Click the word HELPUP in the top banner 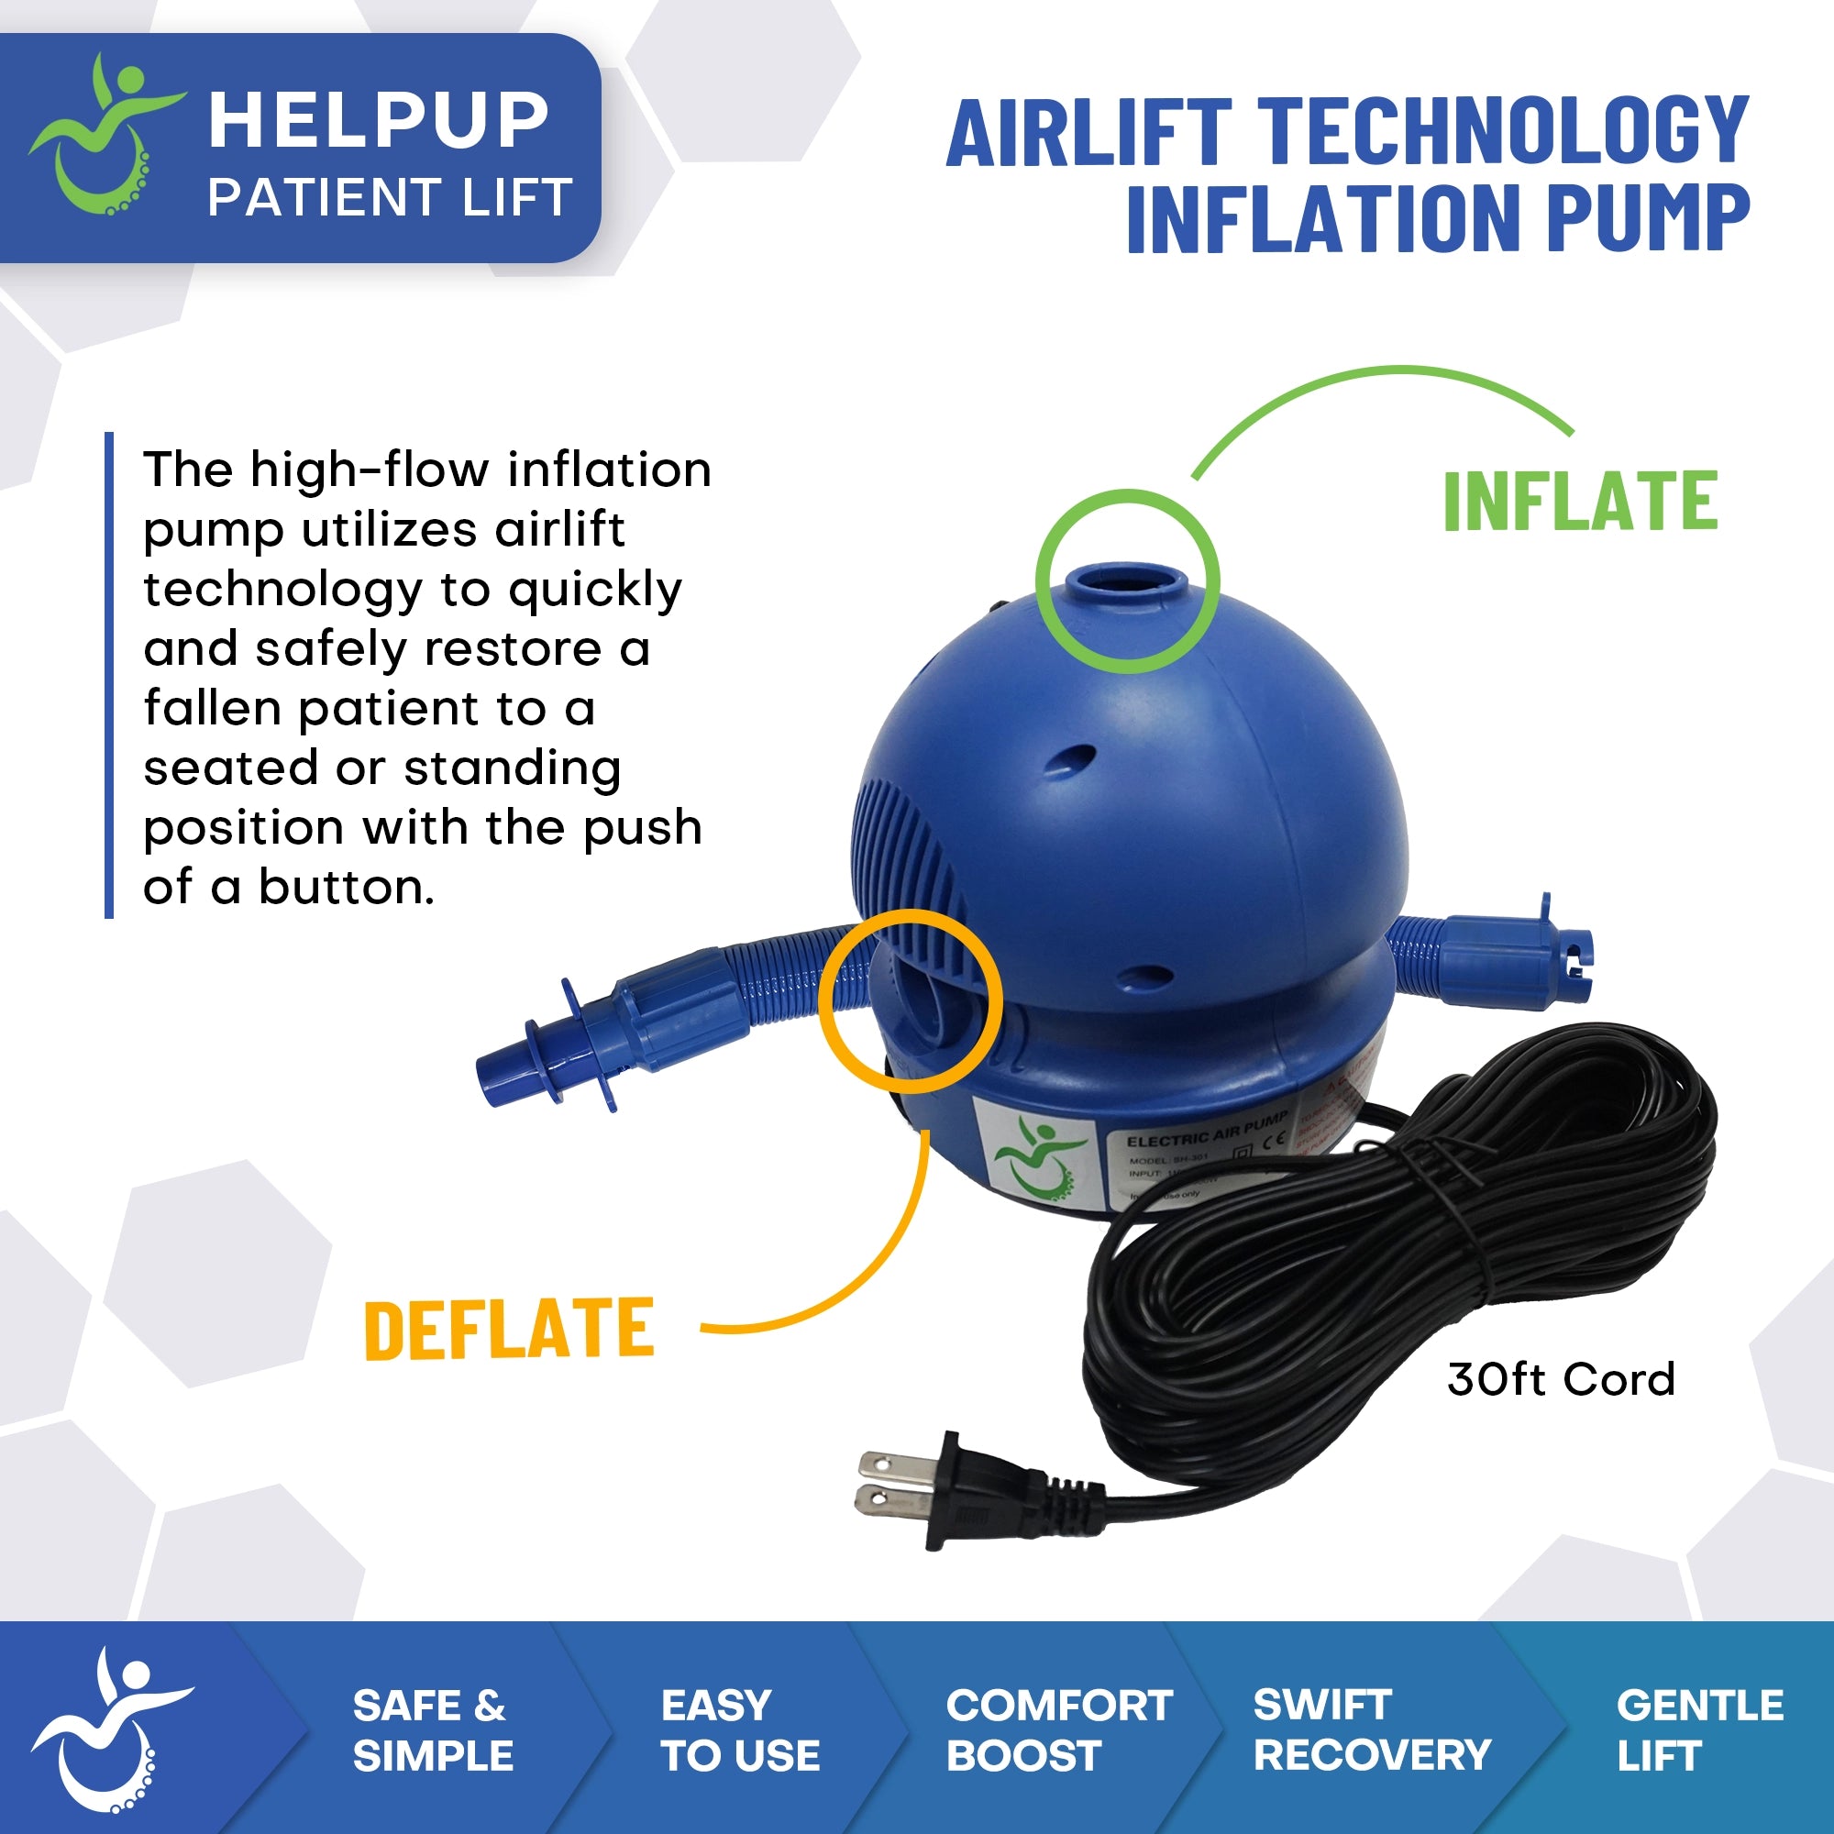pos(378,122)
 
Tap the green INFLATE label pos(1581,502)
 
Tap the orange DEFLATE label pos(510,1329)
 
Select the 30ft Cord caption pos(1561,1380)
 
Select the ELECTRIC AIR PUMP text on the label pos(1206,1130)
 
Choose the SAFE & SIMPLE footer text pos(432,1729)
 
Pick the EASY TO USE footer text pos(739,1729)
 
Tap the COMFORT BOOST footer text pos(1058,1729)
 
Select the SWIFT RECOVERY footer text pos(1372,1729)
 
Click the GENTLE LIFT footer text pos(1699,1729)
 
